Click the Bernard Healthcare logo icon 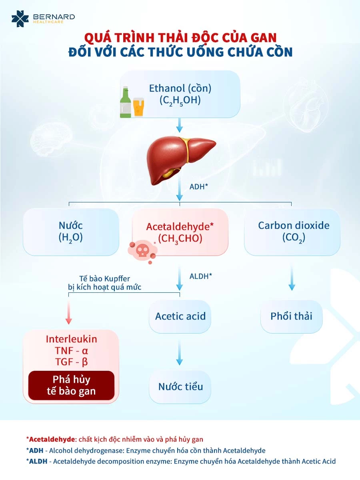pyautogui.click(x=20, y=19)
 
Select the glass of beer pyautogui.click(x=138, y=107)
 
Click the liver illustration pyautogui.click(x=180, y=160)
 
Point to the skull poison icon pyautogui.click(x=141, y=250)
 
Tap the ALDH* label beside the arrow pyautogui.click(x=200, y=276)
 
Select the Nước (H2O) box pyautogui.click(x=71, y=232)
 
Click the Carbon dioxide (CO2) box pyautogui.click(x=293, y=232)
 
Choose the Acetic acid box pyautogui.click(x=180, y=316)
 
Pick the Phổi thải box pyautogui.click(x=291, y=316)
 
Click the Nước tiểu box pyautogui.click(x=180, y=387)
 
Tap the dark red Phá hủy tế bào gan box pyautogui.click(x=71, y=385)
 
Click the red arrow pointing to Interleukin pyautogui.click(x=69, y=312)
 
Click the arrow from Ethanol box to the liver pyautogui.click(x=180, y=126)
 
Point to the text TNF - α pyautogui.click(x=71, y=350)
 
